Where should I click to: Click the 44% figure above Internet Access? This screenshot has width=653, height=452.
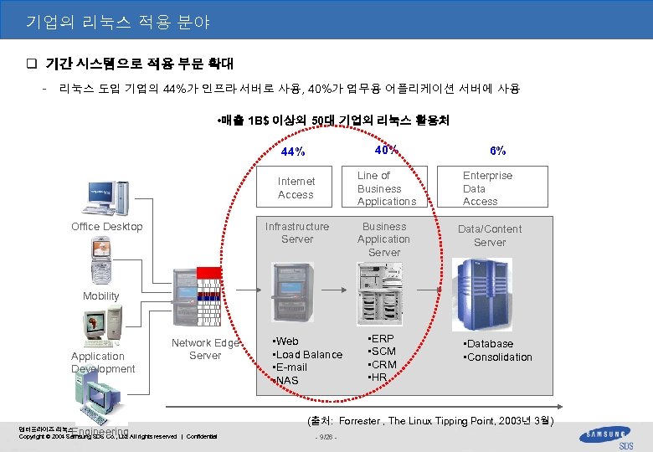293,152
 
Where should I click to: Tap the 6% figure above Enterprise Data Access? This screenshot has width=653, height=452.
497,152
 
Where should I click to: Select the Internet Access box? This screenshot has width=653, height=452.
296,188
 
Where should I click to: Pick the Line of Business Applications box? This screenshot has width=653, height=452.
386,188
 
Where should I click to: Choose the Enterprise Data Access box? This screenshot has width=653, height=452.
489,188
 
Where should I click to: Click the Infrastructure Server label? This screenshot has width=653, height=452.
297,233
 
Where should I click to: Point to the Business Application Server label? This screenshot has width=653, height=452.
383,239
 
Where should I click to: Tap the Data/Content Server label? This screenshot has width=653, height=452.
490,236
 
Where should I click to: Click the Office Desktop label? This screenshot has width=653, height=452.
107,227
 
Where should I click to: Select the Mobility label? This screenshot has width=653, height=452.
100,296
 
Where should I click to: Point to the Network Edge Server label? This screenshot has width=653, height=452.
205,349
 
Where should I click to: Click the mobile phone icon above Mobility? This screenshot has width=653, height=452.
104,261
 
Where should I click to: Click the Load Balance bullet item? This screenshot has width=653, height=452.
310,355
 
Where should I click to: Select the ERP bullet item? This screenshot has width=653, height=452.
384,338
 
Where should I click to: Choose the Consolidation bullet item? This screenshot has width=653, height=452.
500,357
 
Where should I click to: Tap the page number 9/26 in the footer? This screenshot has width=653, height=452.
325,437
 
